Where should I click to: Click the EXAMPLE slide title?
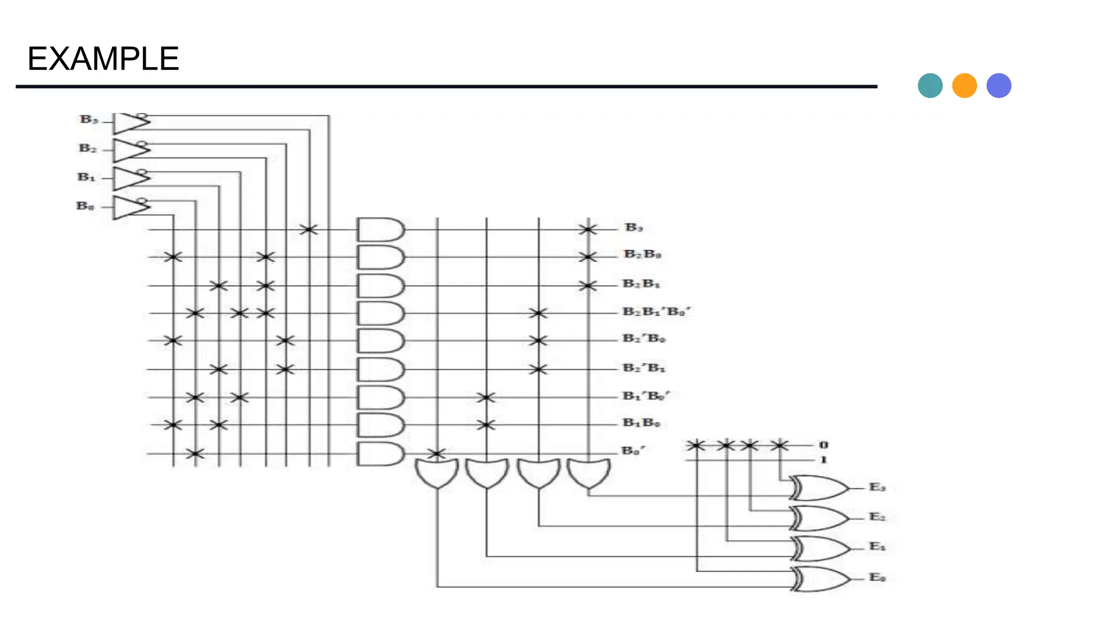pyautogui.click(x=103, y=59)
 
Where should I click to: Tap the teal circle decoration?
pyautogui.click(x=930, y=86)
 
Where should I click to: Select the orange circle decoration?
pyautogui.click(x=964, y=86)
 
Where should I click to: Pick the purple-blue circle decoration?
pyautogui.click(x=999, y=86)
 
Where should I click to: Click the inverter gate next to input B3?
pyautogui.click(x=130, y=123)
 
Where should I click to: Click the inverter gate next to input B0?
pyautogui.click(x=130, y=207)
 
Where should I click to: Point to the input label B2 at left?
pyautogui.click(x=88, y=148)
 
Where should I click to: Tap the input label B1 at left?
pyautogui.click(x=86, y=177)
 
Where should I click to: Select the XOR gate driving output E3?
pyautogui.click(x=818, y=488)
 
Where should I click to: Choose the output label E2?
pyautogui.click(x=877, y=516)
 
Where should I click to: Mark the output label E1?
pyautogui.click(x=877, y=546)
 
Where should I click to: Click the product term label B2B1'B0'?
pyautogui.click(x=656, y=312)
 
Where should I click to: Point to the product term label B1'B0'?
pyautogui.click(x=646, y=396)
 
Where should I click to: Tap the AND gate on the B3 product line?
pyautogui.click(x=380, y=230)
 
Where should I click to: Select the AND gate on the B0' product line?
pyautogui.click(x=380, y=454)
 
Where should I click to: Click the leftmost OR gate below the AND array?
pyautogui.click(x=436, y=472)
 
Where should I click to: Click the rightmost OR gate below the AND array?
pyautogui.click(x=588, y=472)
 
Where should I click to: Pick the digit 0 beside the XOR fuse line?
pyautogui.click(x=824, y=445)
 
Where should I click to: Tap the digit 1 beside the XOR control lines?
pyautogui.click(x=824, y=460)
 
